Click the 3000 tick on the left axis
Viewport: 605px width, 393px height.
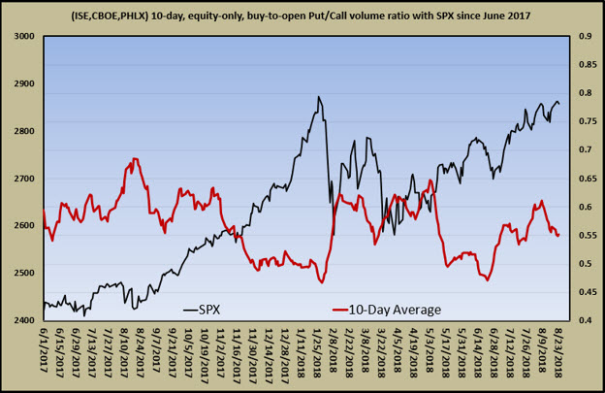(21, 36)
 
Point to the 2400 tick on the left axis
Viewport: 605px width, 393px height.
(21, 320)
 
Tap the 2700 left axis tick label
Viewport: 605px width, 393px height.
(21, 179)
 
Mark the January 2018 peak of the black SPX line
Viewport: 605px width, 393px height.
(318, 97)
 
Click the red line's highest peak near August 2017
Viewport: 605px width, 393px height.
(135, 159)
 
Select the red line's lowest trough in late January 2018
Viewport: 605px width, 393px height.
(321, 281)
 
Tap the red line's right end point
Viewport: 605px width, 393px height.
(558, 235)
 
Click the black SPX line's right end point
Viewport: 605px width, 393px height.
(558, 105)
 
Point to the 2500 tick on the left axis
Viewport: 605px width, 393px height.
(21, 273)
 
